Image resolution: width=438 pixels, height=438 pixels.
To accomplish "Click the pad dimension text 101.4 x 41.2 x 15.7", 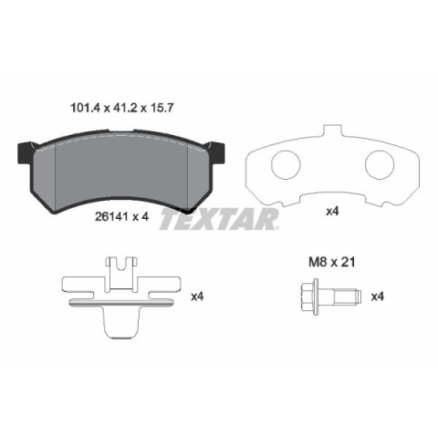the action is point(122,108).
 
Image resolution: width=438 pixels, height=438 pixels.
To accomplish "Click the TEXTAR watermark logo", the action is point(219,219).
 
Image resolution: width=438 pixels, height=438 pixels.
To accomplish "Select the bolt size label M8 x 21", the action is point(331,262).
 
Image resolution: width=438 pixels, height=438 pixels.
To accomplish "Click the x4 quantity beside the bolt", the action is point(378,297).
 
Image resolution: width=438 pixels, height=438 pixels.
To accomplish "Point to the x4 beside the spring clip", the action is point(197,297).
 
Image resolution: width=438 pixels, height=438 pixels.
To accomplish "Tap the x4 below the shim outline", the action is point(332,212).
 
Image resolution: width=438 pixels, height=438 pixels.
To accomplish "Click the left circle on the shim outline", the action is point(286,165).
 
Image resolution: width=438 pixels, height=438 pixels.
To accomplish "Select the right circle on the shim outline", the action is point(380,165).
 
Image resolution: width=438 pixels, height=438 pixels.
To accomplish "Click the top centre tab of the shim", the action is point(332,131).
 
